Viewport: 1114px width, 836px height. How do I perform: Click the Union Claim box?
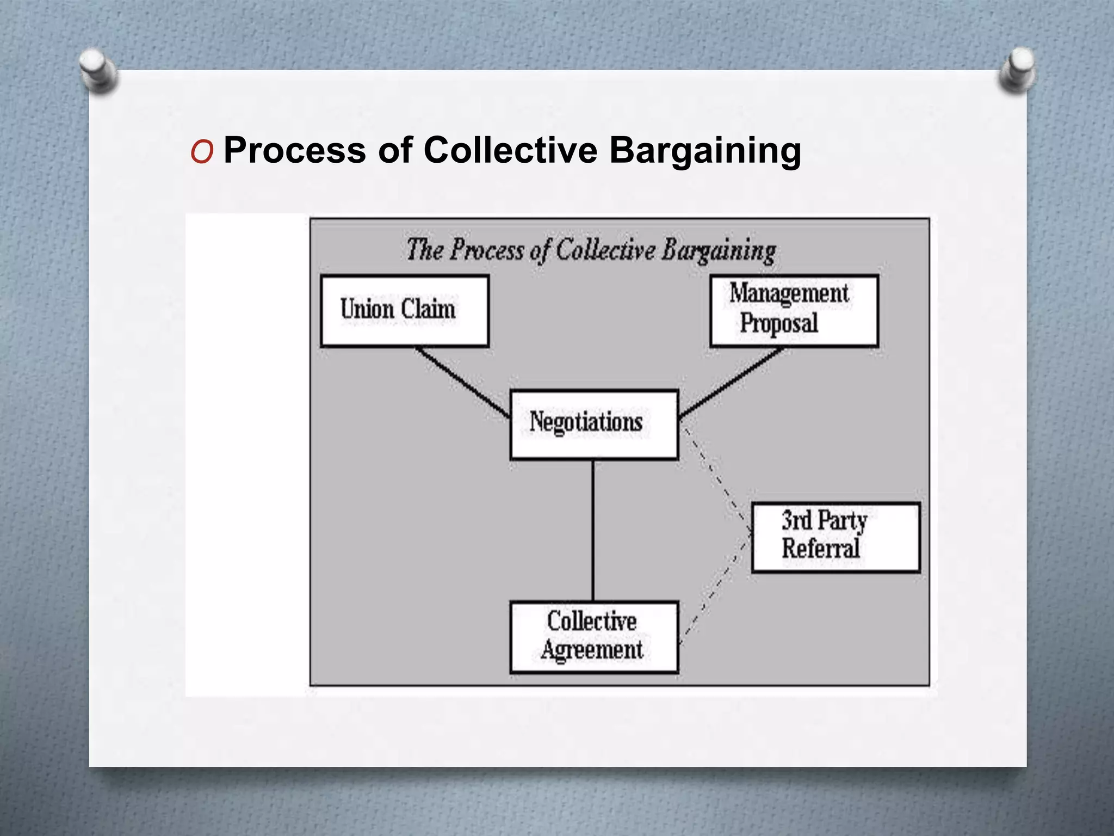coord(405,311)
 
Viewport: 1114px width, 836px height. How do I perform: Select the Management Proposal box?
coord(794,311)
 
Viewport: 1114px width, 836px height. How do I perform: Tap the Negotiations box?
coord(594,425)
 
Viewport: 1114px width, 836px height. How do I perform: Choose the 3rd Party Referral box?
coord(835,537)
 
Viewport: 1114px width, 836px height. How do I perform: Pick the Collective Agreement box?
coord(594,637)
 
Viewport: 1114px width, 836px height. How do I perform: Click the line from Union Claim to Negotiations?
coord(462,383)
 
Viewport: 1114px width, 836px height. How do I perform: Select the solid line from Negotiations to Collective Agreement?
coord(593,531)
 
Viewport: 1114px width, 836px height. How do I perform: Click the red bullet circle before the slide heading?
coord(202,152)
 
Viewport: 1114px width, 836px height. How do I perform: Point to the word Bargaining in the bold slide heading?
coord(705,151)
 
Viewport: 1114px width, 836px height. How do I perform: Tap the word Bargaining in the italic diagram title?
coord(719,251)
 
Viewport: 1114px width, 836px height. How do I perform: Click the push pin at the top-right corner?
coord(1018,70)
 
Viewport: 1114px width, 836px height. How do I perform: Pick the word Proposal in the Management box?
coord(779,324)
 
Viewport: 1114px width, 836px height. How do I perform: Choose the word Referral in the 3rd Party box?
coord(821,549)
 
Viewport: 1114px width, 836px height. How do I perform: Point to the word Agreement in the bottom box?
coord(592,650)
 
